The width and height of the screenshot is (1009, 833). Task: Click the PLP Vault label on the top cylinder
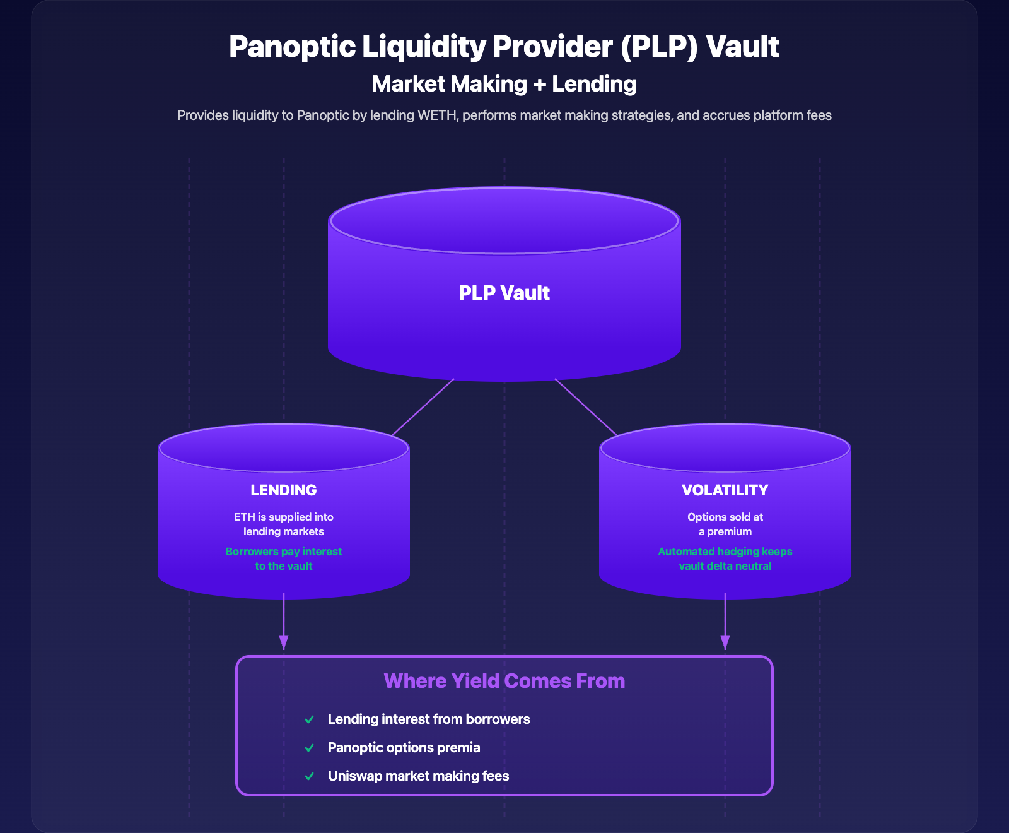(x=504, y=293)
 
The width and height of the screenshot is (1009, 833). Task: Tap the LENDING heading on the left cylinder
(x=283, y=490)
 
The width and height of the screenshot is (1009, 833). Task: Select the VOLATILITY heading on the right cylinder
(x=725, y=490)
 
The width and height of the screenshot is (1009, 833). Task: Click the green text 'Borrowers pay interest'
(x=283, y=552)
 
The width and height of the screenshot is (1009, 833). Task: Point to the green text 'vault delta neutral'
(x=725, y=566)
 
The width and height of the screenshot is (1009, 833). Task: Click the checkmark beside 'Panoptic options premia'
(x=309, y=748)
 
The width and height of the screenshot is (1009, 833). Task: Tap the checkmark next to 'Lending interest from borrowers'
(x=309, y=719)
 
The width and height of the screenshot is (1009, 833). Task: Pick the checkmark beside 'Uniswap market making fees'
(x=309, y=776)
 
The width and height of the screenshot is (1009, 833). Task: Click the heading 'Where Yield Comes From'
(x=504, y=681)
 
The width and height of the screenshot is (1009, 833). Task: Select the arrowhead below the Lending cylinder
(x=284, y=642)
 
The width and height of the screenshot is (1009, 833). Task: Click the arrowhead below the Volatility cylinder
(x=725, y=642)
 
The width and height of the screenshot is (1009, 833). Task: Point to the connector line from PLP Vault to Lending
(x=423, y=407)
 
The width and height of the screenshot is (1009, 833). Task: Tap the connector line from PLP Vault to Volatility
(x=586, y=407)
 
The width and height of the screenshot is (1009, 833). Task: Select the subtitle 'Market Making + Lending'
(x=504, y=84)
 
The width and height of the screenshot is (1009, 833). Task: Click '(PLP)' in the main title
(x=658, y=47)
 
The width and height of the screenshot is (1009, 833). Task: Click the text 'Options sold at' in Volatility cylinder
(x=725, y=517)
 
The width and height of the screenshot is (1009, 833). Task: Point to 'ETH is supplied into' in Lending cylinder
(x=283, y=517)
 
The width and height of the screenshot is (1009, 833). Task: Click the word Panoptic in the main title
(x=292, y=47)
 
